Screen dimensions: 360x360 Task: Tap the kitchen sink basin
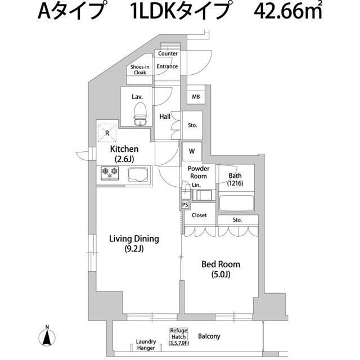pyautogui.click(x=137, y=174)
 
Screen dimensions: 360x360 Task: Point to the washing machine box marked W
pyautogui.click(x=192, y=151)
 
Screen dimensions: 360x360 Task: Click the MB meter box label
pyautogui.click(x=196, y=97)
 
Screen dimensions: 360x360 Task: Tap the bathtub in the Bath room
pyautogui.click(x=236, y=202)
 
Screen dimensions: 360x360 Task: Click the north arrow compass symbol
pyautogui.click(x=47, y=337)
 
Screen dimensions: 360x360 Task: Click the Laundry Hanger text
pyautogui.click(x=146, y=345)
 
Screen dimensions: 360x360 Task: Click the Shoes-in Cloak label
pyautogui.click(x=139, y=70)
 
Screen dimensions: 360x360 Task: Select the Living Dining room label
pyautogui.click(x=134, y=242)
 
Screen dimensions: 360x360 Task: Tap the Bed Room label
pyautogui.click(x=220, y=269)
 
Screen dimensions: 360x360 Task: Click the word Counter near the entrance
pyautogui.click(x=168, y=54)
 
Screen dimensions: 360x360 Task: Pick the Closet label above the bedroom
pyautogui.click(x=199, y=215)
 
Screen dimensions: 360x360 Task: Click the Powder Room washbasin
pyautogui.click(x=202, y=195)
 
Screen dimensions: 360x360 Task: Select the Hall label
pyautogui.click(x=165, y=117)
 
